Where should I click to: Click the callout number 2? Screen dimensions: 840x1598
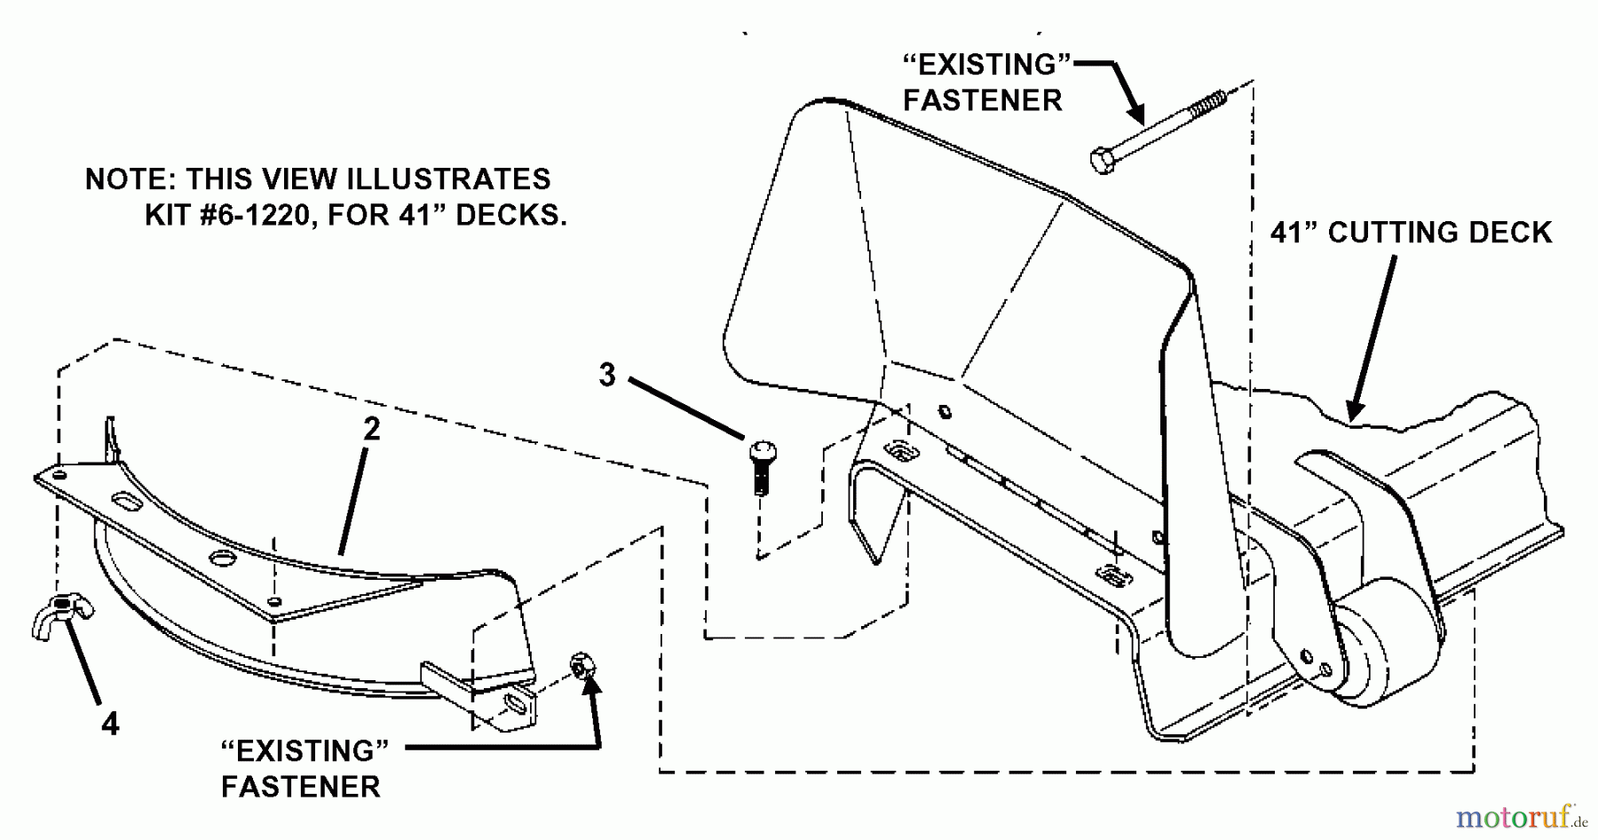pos(371,430)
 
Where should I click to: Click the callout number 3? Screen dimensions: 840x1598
pos(607,375)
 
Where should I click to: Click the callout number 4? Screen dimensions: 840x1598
pos(109,725)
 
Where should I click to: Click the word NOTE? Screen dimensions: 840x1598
pos(129,179)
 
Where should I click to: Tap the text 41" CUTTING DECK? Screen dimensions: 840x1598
pos(1411,233)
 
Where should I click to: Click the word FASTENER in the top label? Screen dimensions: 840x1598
pos(982,100)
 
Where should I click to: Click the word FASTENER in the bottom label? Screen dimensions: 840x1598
pos(300,787)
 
